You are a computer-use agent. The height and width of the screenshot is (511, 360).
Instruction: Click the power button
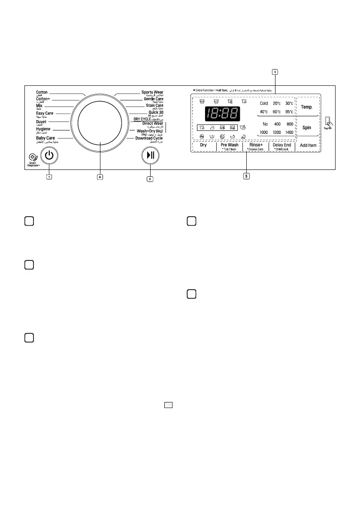(x=49, y=156)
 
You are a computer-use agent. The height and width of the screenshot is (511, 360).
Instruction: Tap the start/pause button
(x=150, y=156)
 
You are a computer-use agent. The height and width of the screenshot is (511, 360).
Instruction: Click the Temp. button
(x=306, y=107)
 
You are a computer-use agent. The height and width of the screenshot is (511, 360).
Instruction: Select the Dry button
(x=203, y=145)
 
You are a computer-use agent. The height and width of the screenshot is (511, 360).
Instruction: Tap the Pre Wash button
(x=230, y=146)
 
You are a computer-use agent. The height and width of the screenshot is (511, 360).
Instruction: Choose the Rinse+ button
(x=256, y=146)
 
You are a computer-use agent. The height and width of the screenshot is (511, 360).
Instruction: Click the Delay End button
(x=282, y=146)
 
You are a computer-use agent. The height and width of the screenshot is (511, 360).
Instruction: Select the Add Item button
(x=308, y=145)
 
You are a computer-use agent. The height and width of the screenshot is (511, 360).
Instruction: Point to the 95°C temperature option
(x=289, y=112)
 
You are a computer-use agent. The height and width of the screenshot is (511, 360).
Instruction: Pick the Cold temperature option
(x=264, y=104)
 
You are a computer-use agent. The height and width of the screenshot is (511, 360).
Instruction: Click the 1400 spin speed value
(x=289, y=133)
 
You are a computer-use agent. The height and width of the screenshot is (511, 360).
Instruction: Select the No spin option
(x=265, y=124)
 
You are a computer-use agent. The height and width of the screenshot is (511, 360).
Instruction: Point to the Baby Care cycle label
(x=45, y=138)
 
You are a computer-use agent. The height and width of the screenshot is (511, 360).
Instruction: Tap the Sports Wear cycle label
(x=152, y=92)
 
